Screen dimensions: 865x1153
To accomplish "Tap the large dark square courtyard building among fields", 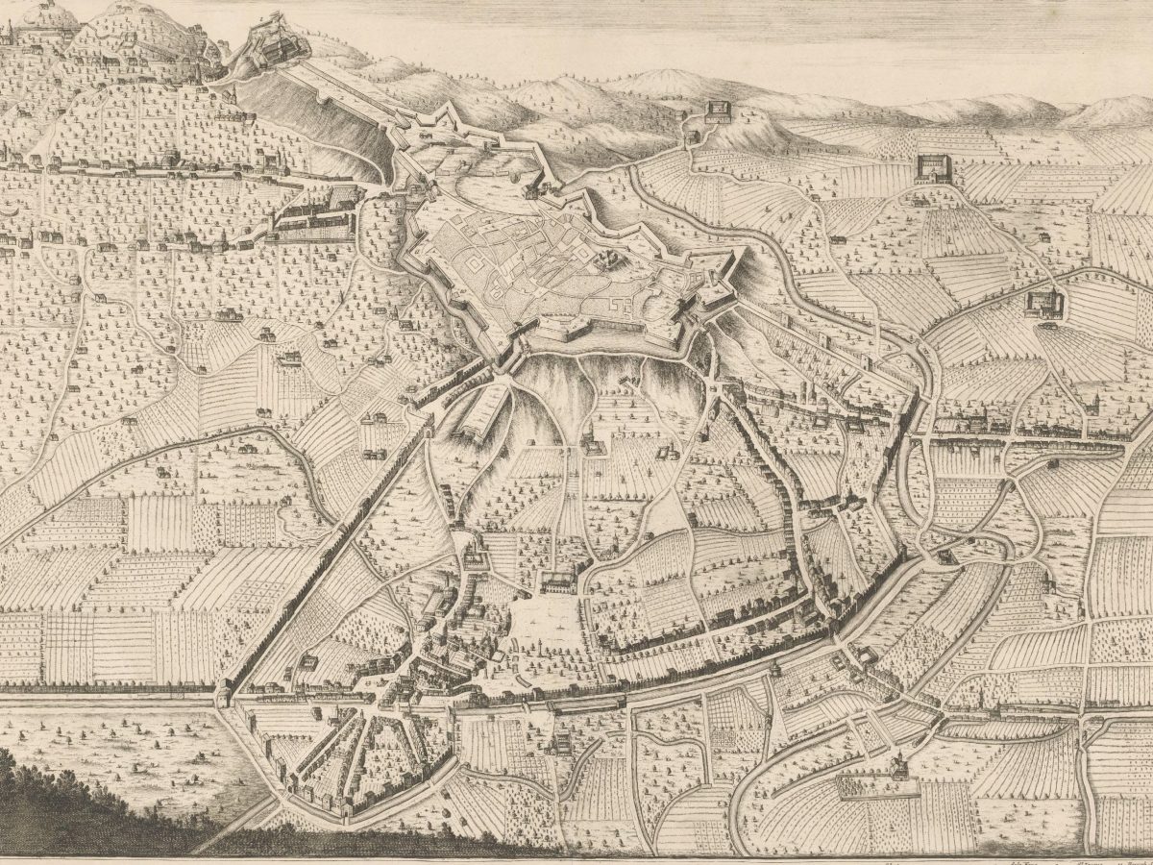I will pos(930,168).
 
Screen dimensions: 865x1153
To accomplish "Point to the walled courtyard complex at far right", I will pos(1045,304).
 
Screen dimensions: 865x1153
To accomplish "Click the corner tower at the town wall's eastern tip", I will pos(903,553).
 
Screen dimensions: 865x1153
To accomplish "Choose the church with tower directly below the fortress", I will pos(591,447).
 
